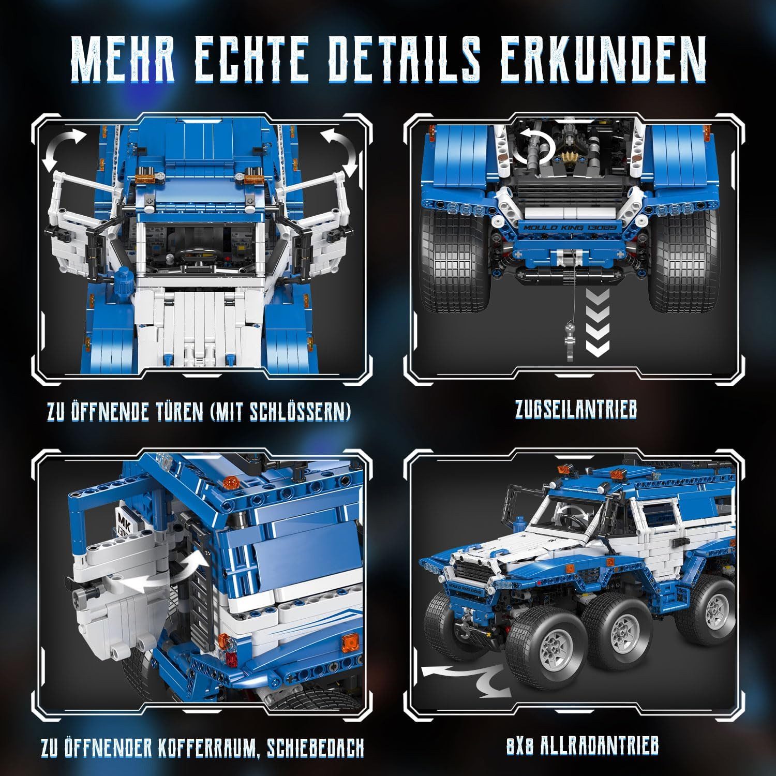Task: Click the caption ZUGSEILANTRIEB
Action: pyautogui.click(x=575, y=410)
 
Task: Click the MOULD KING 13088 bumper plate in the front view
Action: pyautogui.click(x=571, y=228)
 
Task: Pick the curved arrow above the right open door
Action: pyautogui.click(x=339, y=150)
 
